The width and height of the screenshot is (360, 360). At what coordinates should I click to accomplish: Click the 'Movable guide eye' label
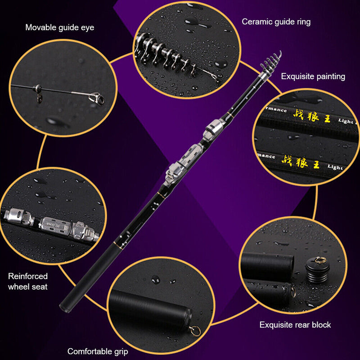60,27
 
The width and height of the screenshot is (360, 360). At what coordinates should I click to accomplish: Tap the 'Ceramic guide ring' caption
276,22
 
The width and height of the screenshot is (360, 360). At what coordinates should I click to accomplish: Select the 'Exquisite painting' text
313,76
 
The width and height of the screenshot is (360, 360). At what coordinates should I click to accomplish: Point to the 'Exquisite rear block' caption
295,324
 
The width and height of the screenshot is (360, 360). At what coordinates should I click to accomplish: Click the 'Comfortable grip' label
98,351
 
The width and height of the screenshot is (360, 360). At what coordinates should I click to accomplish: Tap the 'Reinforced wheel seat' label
28,281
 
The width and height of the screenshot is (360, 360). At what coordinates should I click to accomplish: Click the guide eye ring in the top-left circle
96,96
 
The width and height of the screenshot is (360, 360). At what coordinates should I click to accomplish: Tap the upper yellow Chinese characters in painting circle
312,116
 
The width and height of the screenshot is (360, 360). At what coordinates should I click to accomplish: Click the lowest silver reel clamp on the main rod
173,173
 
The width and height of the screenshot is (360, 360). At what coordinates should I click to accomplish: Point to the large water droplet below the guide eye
58,121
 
